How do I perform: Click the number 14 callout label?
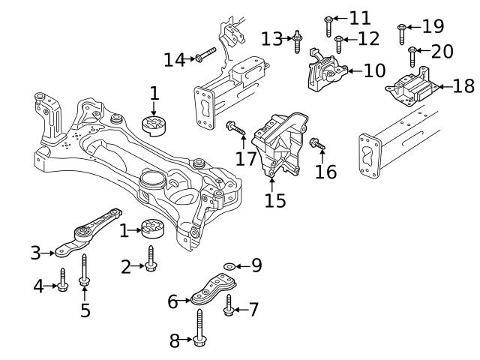[174, 59]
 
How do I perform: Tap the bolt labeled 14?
[205, 55]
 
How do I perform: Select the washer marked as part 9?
[228, 265]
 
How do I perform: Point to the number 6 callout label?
[173, 301]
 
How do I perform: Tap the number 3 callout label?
[35, 253]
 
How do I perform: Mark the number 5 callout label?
[85, 310]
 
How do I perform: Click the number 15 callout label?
[275, 201]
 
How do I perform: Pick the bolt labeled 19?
[403, 31]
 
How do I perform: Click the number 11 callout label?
[360, 17]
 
